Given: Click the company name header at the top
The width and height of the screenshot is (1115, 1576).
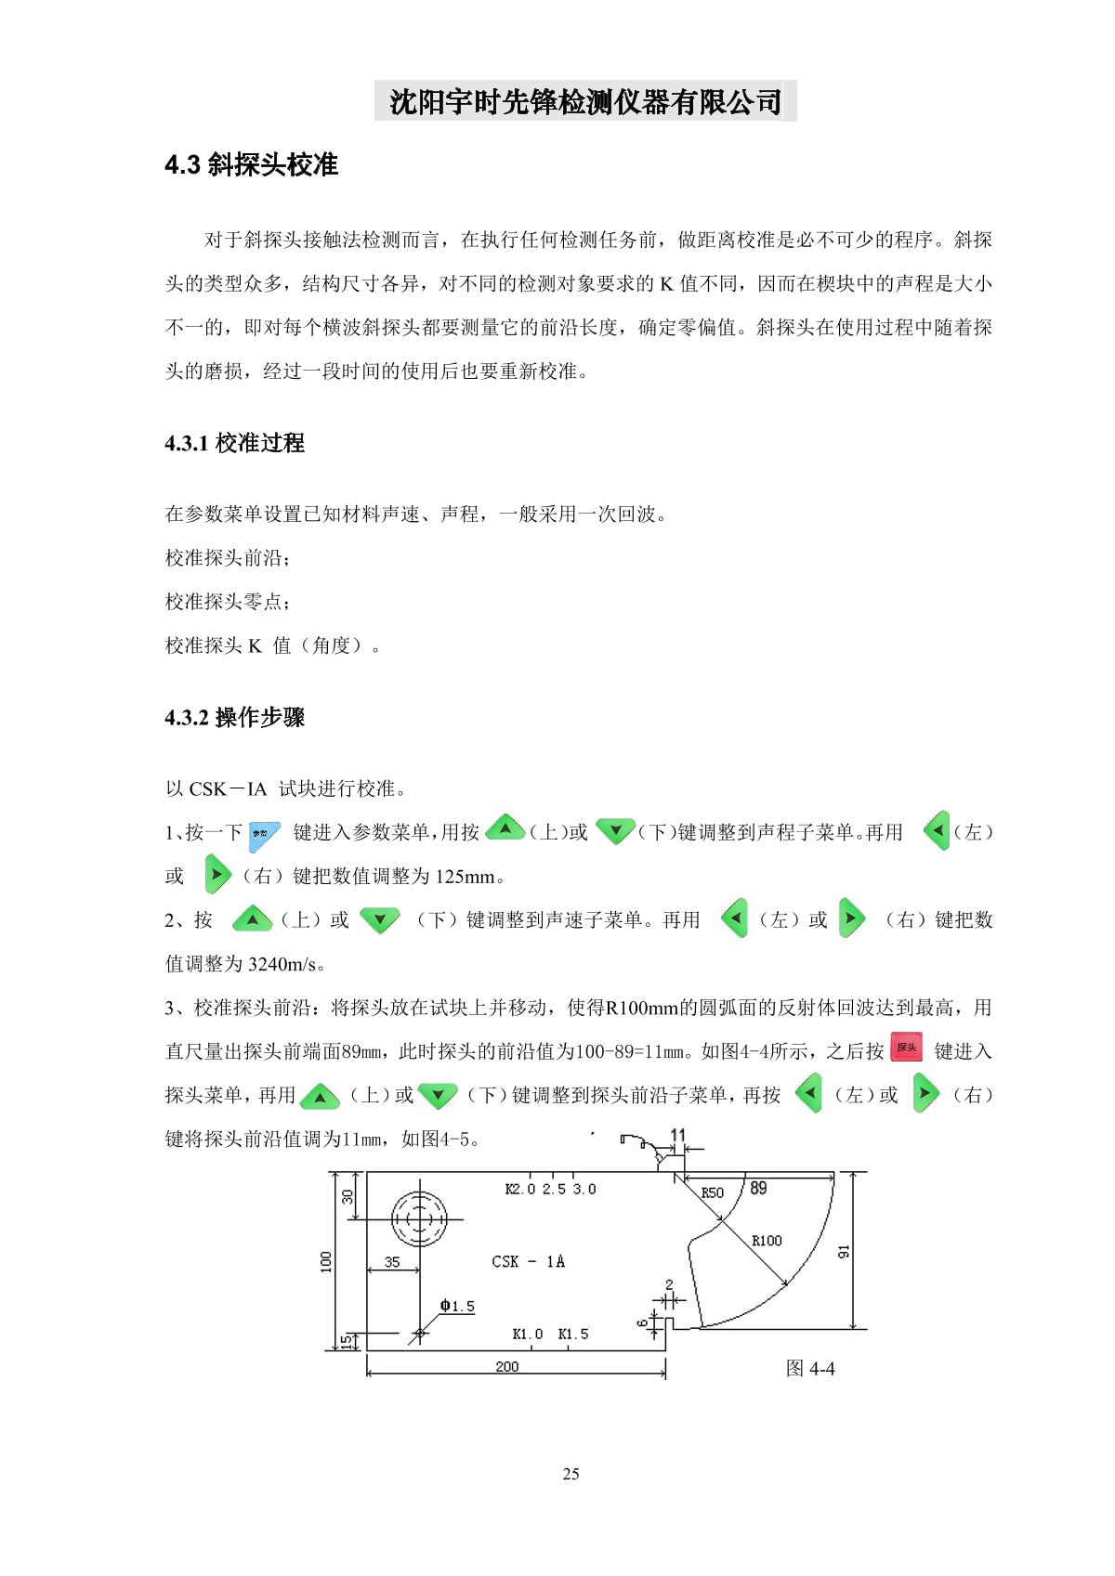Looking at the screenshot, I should [585, 101].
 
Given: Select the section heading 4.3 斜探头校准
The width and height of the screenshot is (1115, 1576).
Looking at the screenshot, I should [251, 165].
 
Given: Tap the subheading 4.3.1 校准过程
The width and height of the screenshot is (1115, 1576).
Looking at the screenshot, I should [234, 443].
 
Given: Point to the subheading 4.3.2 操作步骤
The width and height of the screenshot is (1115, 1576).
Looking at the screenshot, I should [234, 718].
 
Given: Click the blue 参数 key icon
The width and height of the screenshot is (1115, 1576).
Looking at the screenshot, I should [265, 832].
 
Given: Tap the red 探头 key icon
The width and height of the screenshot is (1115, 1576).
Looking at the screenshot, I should [906, 1047].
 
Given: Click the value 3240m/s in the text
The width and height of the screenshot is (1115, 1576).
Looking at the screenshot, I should [286, 964].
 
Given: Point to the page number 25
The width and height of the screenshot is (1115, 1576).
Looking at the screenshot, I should [571, 1474].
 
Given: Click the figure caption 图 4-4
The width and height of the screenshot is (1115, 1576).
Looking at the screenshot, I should [810, 1368].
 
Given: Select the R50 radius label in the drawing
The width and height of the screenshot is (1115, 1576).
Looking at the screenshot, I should [712, 1192].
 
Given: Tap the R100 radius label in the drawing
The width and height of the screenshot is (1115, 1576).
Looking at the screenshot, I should [767, 1240].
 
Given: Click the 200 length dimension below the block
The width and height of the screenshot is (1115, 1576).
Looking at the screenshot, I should [507, 1366].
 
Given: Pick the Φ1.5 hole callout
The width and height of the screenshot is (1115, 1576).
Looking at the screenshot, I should [457, 1307].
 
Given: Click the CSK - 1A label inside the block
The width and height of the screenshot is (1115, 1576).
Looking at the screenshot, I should [528, 1261].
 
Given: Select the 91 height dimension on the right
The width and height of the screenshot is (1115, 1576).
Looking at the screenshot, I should [844, 1250].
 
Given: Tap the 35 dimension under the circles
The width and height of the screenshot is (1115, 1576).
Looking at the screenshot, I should [392, 1262].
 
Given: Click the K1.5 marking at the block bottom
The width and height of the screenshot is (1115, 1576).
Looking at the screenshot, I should [573, 1334].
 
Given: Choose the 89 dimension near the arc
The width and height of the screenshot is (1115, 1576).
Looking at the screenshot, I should [758, 1188].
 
